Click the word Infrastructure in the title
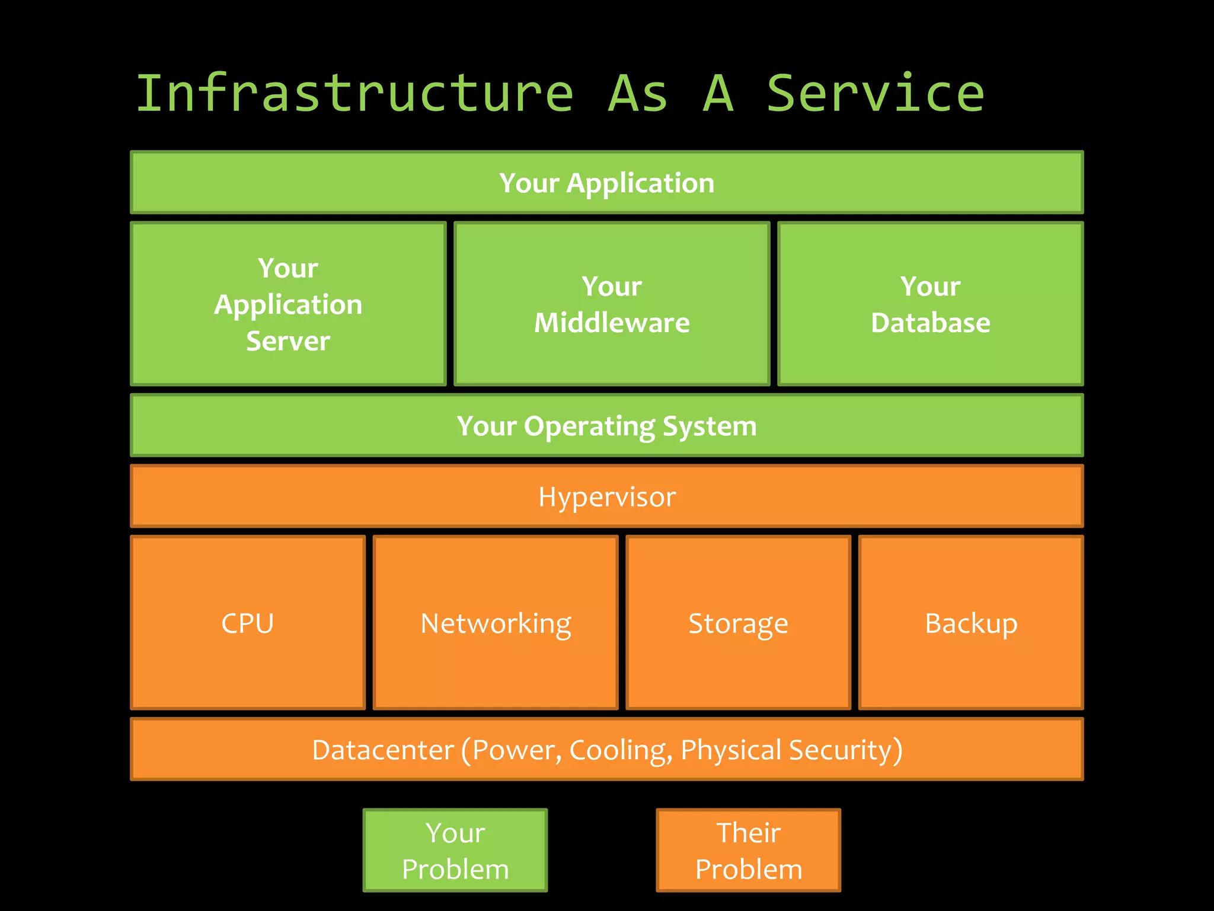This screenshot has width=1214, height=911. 354,93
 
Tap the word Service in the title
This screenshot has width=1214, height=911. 875,93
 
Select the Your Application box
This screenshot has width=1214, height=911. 606,183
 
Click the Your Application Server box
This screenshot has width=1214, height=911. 288,304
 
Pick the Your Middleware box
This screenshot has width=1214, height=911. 612,304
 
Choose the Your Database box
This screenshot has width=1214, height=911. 930,304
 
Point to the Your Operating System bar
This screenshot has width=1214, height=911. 606,426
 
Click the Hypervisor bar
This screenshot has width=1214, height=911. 606,496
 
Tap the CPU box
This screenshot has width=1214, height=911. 248,623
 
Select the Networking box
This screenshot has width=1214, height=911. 496,623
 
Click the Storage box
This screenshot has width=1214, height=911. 738,623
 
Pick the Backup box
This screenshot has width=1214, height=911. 971,623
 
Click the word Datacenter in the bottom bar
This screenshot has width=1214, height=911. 382,750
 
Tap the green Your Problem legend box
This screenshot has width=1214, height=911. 455,850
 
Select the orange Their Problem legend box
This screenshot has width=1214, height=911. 748,850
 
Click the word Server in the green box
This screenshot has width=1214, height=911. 288,341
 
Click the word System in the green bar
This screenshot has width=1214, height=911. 710,426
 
